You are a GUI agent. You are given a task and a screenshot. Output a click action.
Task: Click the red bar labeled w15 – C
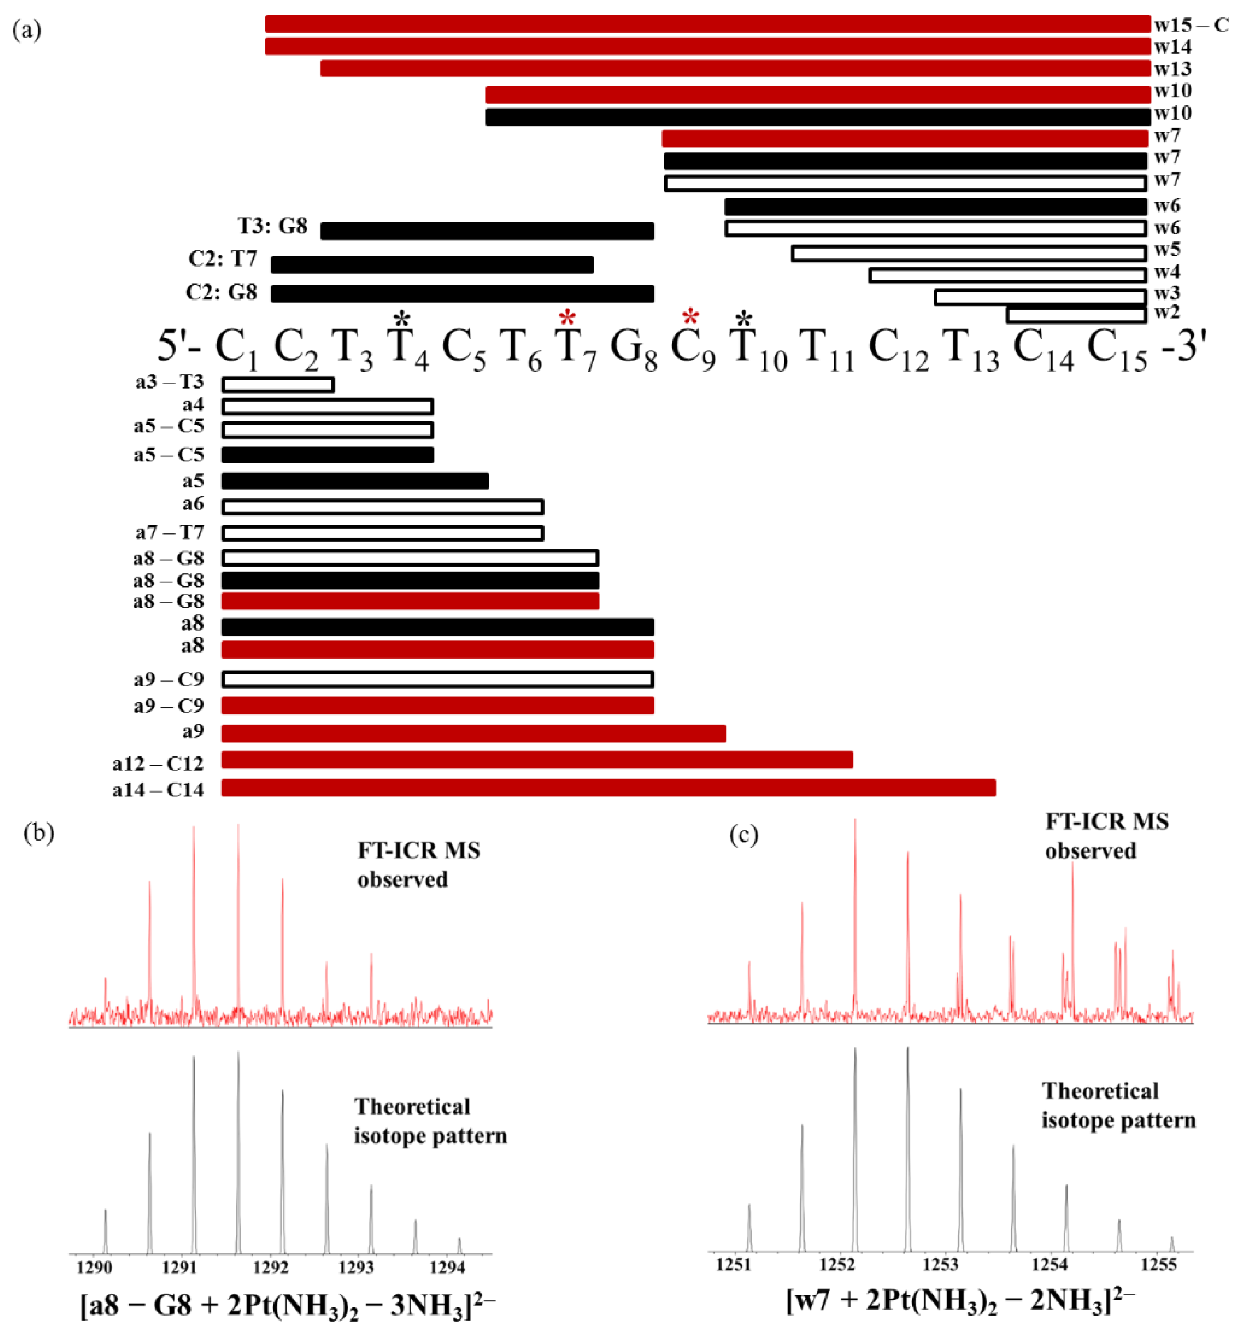707,24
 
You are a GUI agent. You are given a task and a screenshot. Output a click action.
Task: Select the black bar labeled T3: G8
487,231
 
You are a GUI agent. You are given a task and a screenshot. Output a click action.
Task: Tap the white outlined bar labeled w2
1076,314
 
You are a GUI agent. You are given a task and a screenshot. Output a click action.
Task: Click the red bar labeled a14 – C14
608,788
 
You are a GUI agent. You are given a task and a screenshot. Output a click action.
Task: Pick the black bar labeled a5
355,480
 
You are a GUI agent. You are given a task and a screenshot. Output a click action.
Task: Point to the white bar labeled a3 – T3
278,384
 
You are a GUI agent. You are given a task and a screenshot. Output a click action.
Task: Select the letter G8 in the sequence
633,349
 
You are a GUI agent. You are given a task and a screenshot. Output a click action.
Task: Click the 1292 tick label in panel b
270,1267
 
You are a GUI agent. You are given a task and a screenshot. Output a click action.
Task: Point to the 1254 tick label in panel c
1049,1264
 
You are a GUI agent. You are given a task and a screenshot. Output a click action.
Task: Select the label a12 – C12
158,763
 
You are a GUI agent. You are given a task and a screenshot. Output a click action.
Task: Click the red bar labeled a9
473,733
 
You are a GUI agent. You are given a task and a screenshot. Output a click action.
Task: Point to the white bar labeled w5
968,253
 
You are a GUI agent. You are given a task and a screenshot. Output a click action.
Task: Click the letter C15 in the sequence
1117,349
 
